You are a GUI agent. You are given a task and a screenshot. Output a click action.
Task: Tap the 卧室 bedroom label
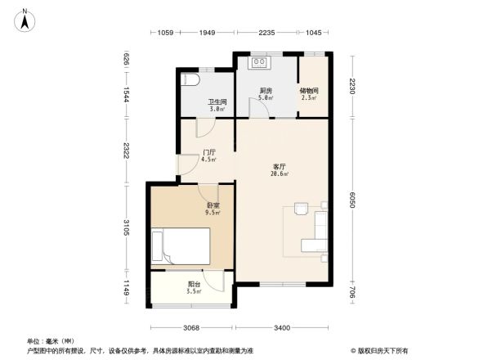[212, 209]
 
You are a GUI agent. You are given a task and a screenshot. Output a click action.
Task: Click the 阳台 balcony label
[194, 286]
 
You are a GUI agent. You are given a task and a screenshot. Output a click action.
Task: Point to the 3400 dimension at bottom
[281, 328]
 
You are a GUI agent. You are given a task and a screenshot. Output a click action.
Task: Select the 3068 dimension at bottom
[190, 328]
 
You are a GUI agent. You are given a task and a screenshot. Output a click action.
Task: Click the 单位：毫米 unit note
[51, 340]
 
